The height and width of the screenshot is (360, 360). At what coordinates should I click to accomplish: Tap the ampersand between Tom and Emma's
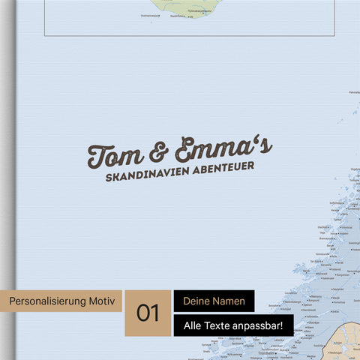tap(158, 153)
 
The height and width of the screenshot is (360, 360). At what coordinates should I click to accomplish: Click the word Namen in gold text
tap(229, 301)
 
